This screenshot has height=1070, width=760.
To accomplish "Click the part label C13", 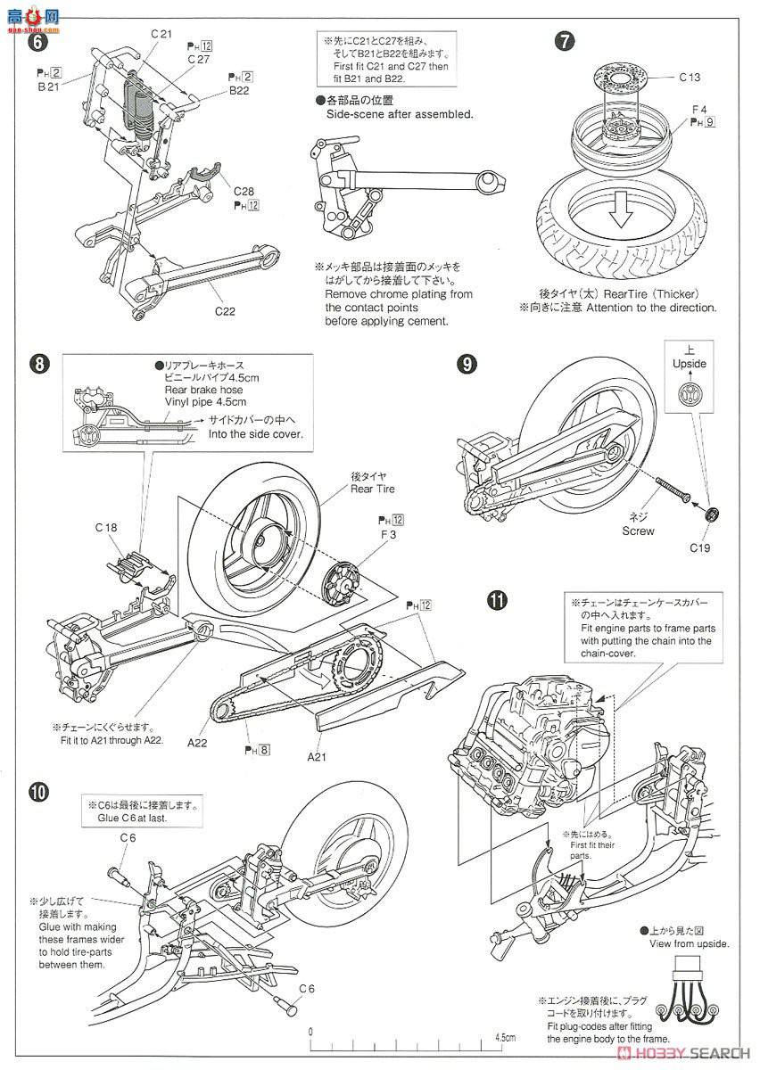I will pos(689,78).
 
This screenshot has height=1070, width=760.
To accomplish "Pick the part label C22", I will pos(224,311).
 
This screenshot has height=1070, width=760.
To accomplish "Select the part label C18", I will pos(106,528).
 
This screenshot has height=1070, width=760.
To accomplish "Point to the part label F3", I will pos(390,533).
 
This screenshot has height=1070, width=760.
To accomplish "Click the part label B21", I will pos(48,87).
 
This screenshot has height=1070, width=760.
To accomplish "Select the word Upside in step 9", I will pos(690,364).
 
